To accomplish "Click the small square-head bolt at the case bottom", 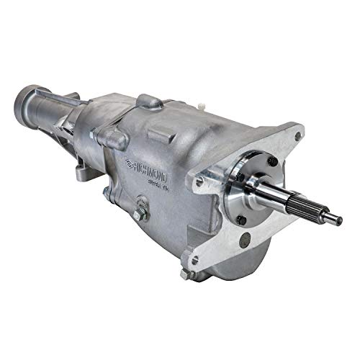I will pos(184,274).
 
